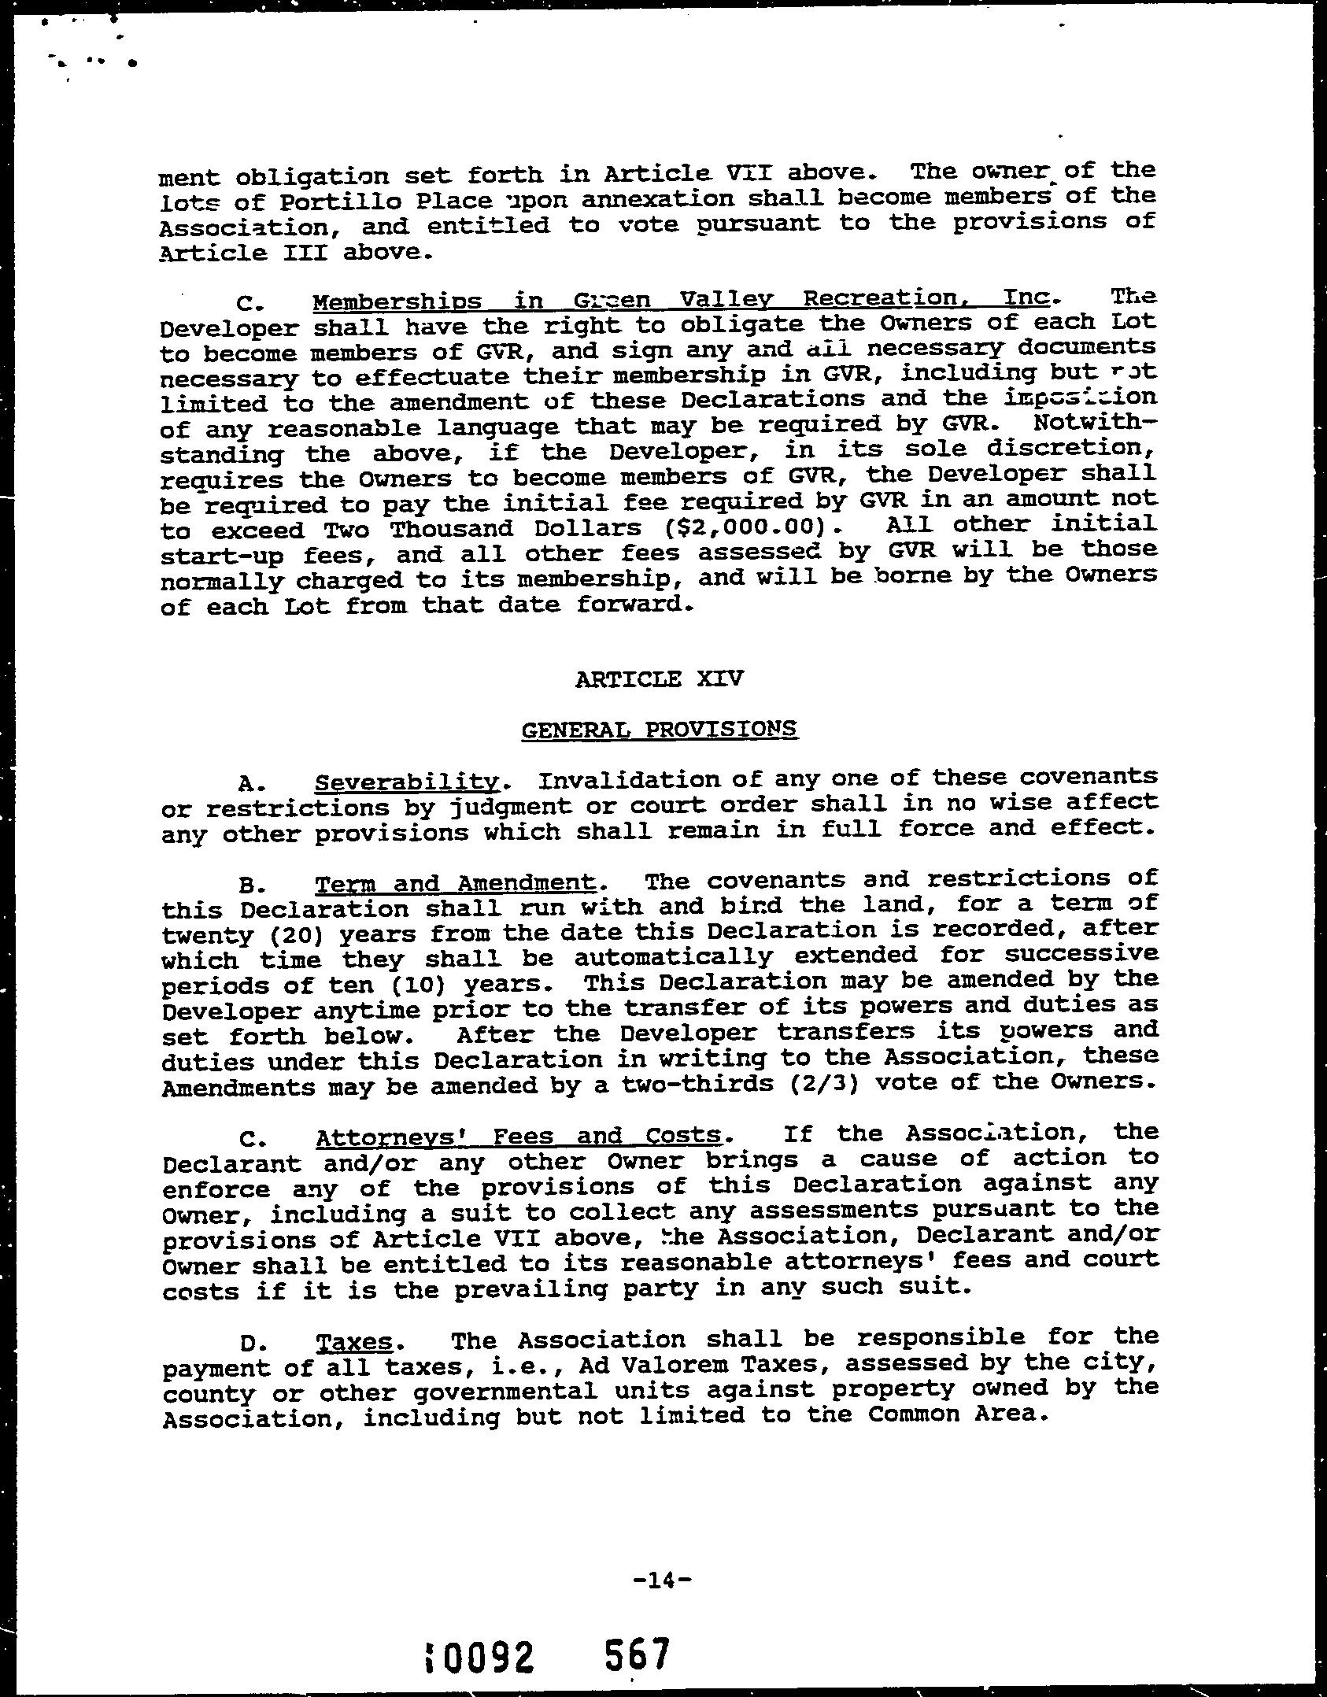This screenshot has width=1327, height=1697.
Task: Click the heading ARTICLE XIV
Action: [659, 678]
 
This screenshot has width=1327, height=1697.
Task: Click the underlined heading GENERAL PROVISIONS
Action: [659, 730]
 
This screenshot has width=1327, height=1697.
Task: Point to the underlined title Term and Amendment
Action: [455, 884]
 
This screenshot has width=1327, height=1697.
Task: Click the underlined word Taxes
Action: [354, 1342]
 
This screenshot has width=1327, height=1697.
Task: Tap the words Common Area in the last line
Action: [957, 1414]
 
